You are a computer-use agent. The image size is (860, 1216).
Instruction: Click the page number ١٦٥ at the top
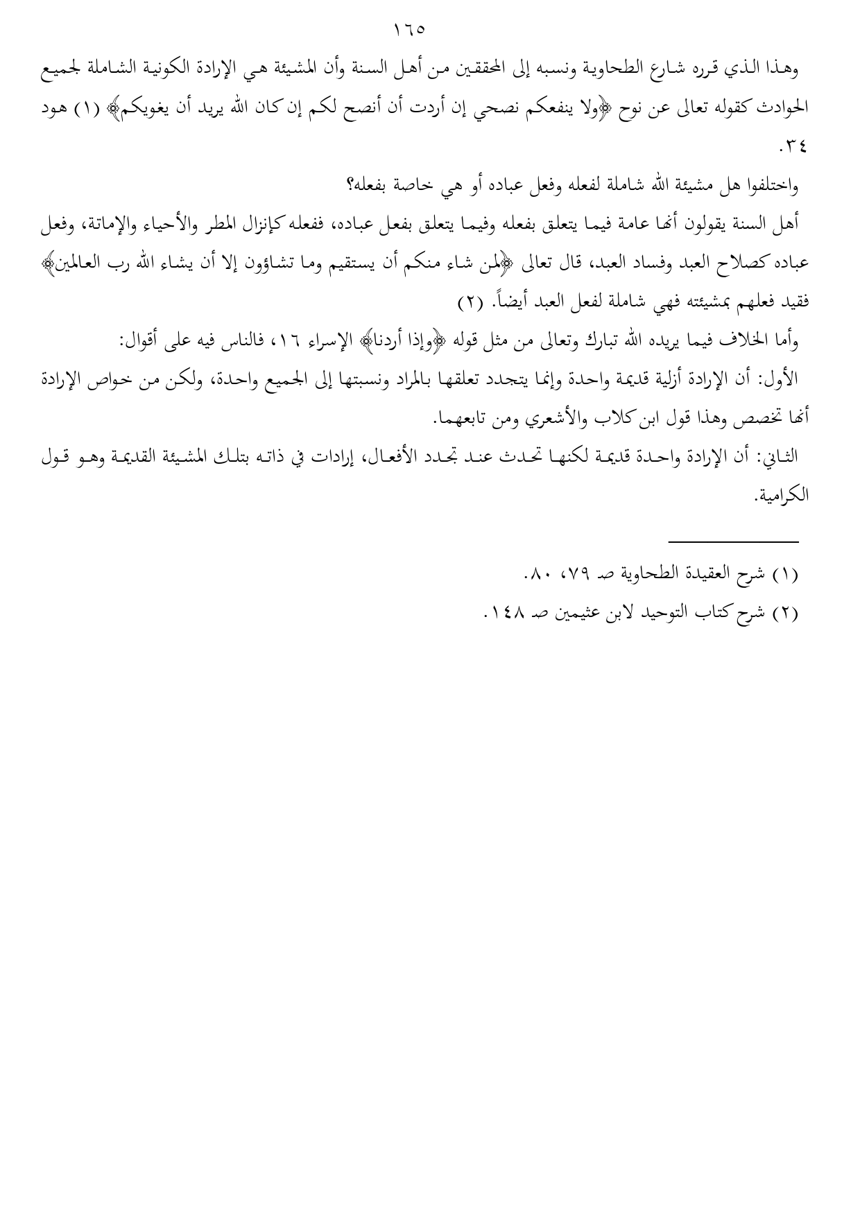coord(408,31)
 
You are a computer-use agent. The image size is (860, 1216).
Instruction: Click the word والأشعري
coord(517,418)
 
